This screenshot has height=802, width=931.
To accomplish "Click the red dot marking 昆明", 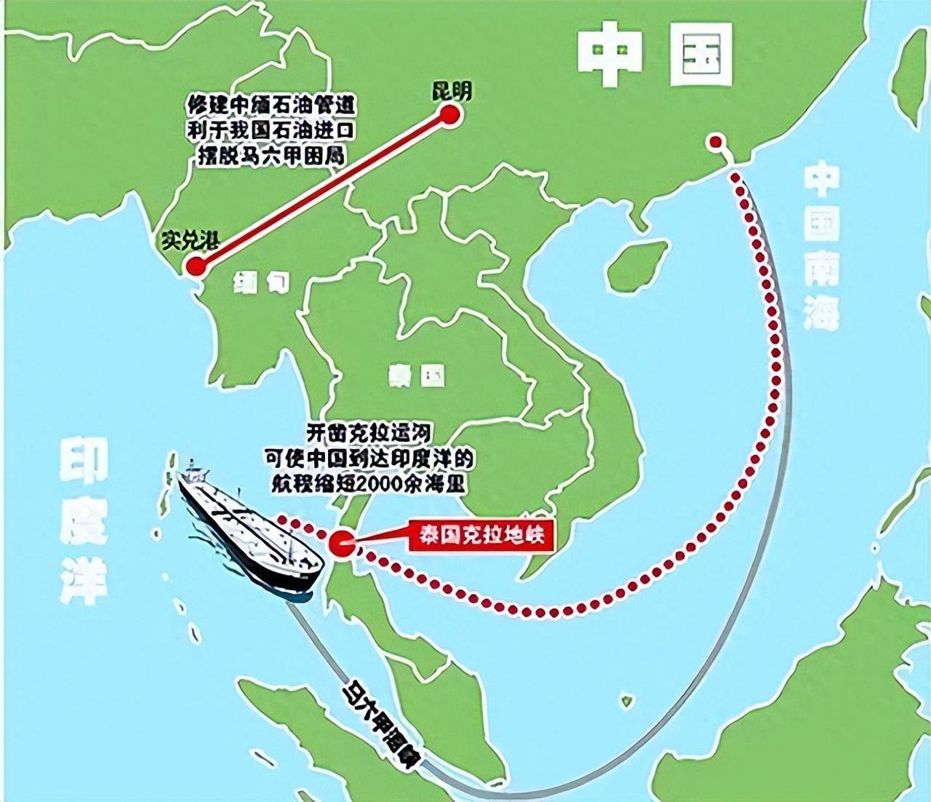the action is coord(449,116).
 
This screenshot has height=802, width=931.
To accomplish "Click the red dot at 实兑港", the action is coord(195,266).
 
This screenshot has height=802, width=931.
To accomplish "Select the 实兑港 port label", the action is coord(191,241).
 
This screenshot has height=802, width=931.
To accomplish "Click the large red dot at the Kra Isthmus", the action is coord(341,543).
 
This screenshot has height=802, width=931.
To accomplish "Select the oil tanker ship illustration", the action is coord(247,531).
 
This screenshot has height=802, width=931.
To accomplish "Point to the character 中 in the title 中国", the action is coord(613,53).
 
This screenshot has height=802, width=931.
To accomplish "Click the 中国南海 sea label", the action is coord(822,247).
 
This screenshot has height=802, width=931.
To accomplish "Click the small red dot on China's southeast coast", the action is coord(716,142).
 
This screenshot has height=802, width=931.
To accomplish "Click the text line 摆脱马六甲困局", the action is coord(270,155).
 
